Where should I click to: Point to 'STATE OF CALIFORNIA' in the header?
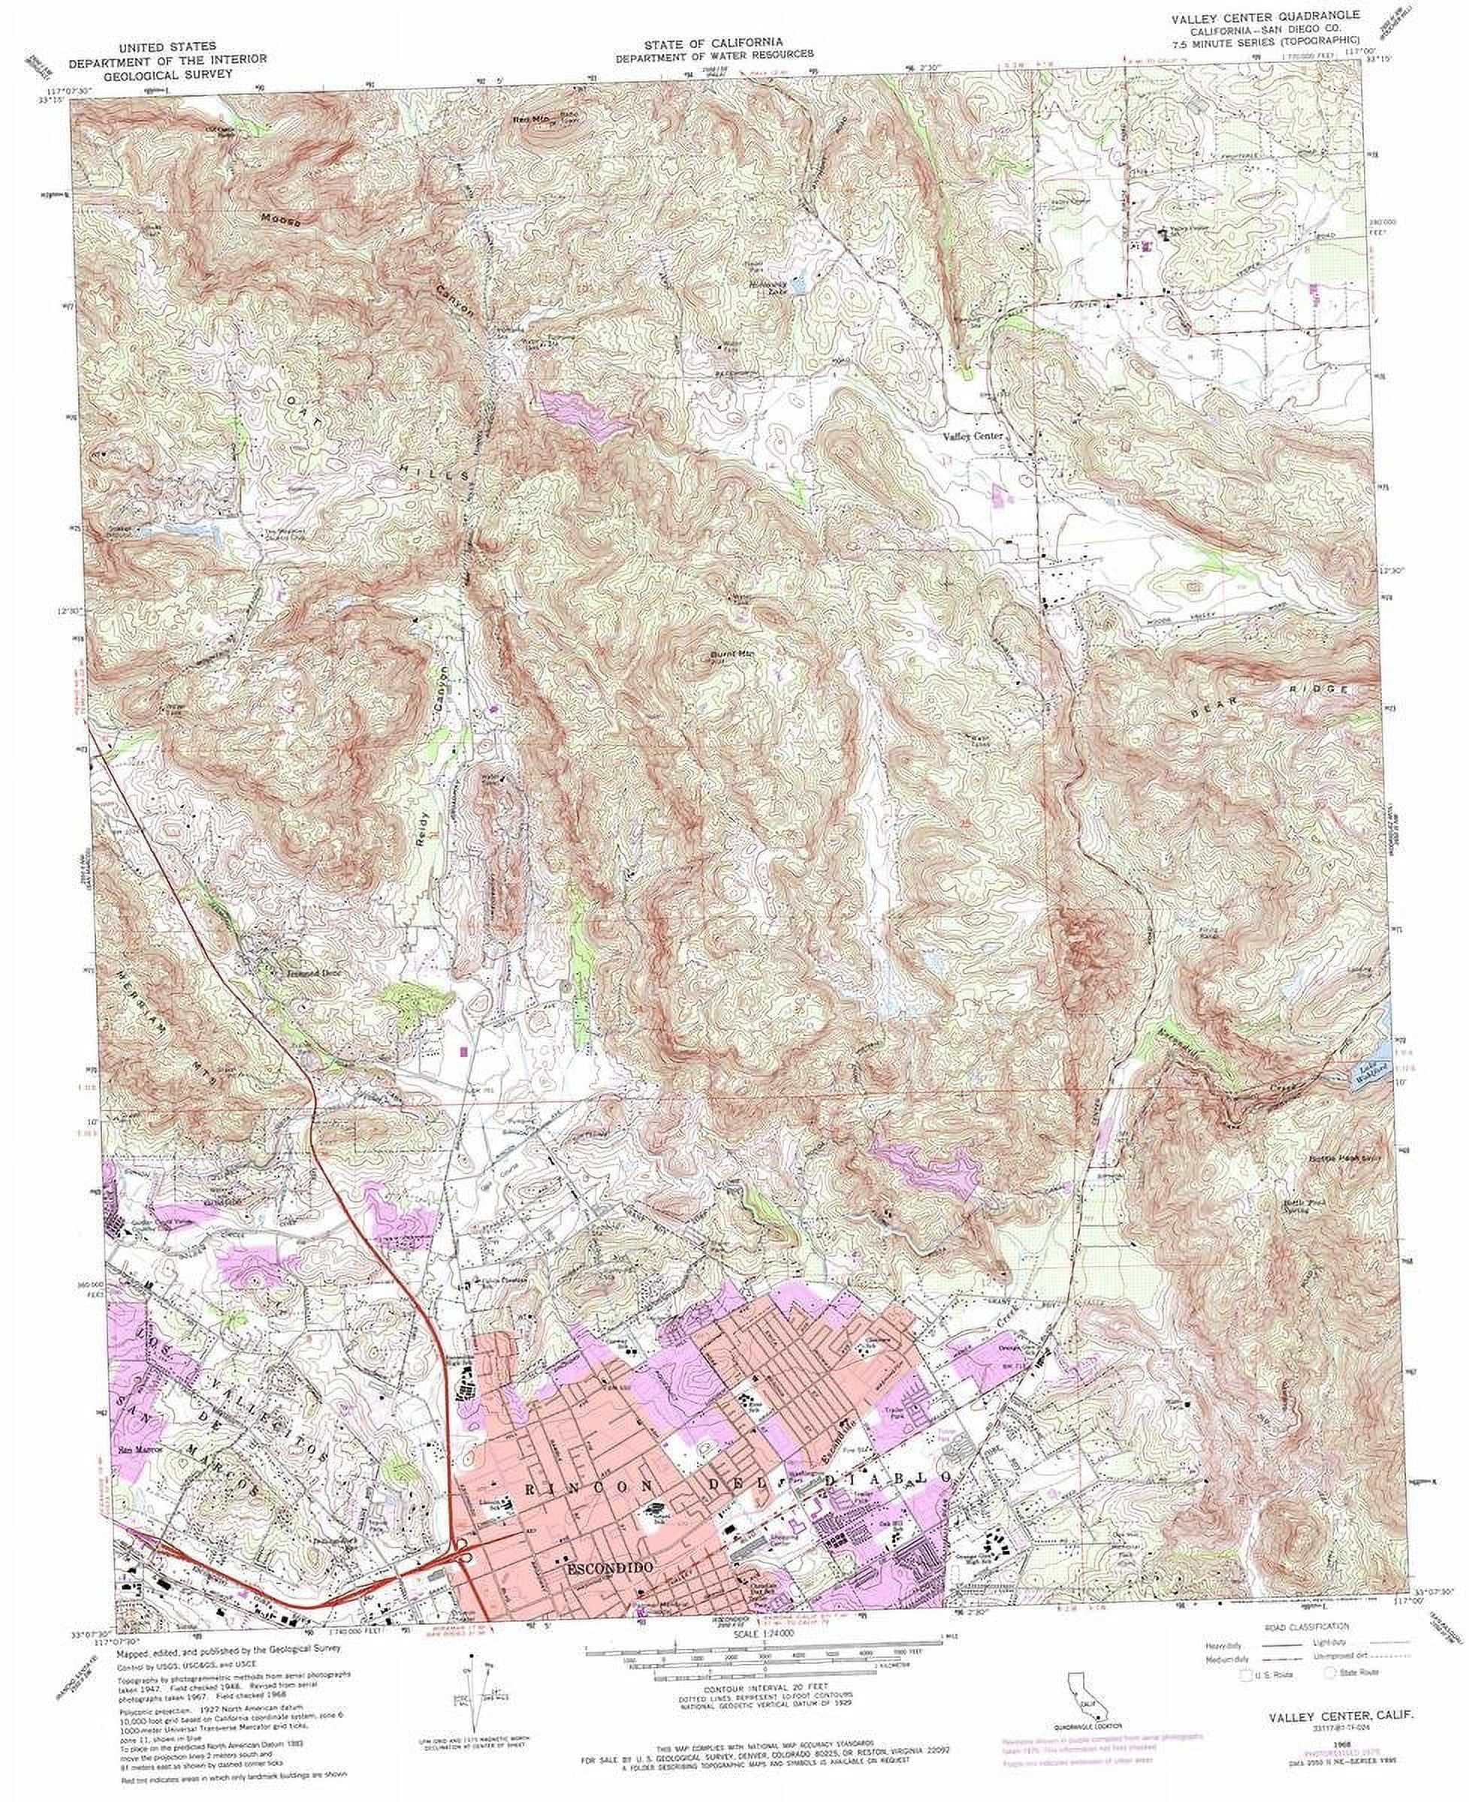tap(712, 41)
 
